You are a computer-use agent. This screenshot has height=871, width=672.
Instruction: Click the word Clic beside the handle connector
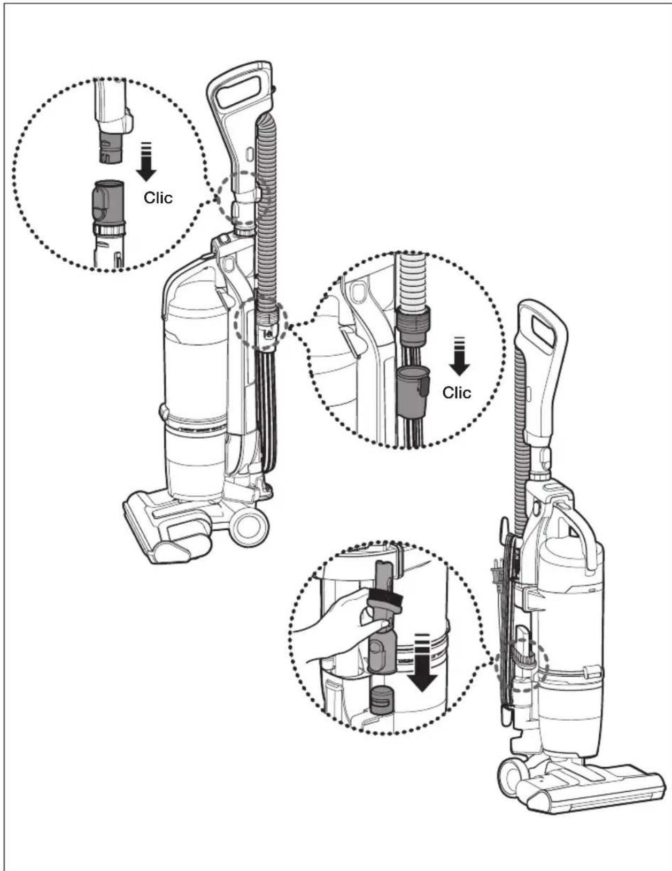(x=158, y=197)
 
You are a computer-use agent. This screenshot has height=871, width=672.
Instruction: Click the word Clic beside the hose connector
(x=457, y=392)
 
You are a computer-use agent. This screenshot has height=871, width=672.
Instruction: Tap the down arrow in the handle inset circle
(x=146, y=161)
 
